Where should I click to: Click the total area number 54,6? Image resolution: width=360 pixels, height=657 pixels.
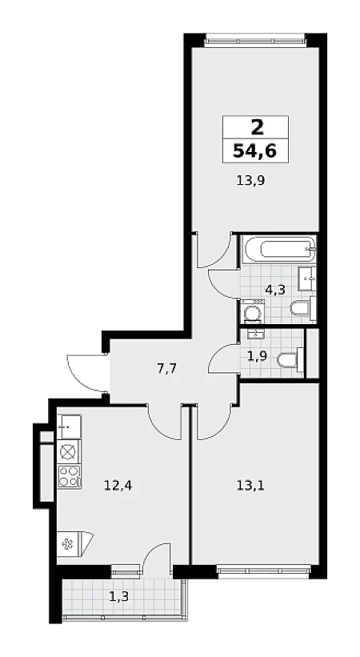click(x=255, y=150)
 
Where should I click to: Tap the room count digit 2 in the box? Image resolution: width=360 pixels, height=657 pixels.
click(x=257, y=127)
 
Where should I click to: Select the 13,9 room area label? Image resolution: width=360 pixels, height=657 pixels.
click(x=251, y=182)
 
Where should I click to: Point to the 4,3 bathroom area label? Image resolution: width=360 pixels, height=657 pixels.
click(x=275, y=290)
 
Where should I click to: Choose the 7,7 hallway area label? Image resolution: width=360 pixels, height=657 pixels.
click(x=166, y=369)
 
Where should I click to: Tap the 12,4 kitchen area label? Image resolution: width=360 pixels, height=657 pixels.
click(x=118, y=486)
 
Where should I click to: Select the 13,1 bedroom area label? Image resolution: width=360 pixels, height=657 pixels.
click(x=251, y=486)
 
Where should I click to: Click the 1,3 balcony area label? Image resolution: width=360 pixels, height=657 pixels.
click(x=119, y=596)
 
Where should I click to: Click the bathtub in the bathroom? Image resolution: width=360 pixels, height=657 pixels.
click(x=279, y=249)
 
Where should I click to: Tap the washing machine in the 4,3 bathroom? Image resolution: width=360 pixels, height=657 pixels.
click(x=252, y=312)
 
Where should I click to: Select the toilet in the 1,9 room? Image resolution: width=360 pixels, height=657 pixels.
click(x=291, y=359)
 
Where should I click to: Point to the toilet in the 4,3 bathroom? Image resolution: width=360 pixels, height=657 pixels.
click(x=303, y=308)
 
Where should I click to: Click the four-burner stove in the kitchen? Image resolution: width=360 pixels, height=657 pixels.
click(x=69, y=476)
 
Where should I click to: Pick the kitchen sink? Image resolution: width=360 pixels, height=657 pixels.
click(x=69, y=427)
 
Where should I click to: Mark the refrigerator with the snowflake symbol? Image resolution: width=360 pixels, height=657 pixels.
click(x=74, y=544)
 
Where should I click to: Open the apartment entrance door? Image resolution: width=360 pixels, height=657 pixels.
click(x=86, y=372)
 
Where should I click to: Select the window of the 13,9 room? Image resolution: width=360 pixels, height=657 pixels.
click(x=255, y=42)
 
